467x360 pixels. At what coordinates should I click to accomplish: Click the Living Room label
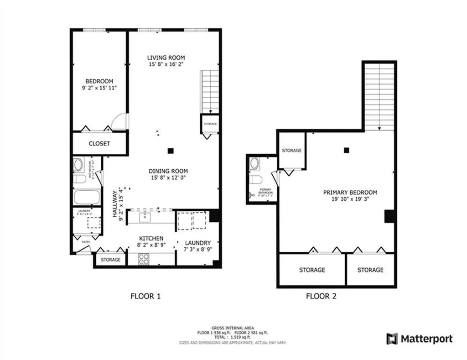(x=166, y=57)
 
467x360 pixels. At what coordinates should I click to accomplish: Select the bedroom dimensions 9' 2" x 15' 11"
(x=96, y=88)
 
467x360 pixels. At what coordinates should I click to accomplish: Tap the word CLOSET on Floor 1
(x=99, y=144)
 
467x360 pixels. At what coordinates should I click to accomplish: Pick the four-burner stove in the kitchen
(x=144, y=259)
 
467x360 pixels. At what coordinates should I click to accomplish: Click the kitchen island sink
(x=145, y=216)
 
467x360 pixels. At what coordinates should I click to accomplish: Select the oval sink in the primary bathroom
(x=254, y=163)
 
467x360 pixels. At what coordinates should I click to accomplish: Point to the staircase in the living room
(x=210, y=91)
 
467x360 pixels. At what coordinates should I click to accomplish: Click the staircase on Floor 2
(x=379, y=96)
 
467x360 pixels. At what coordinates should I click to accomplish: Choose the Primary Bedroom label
(x=350, y=193)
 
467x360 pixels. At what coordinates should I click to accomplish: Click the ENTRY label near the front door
(x=86, y=242)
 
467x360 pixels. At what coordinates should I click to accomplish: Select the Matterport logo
(x=420, y=339)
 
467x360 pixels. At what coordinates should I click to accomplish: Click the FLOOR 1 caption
(x=145, y=296)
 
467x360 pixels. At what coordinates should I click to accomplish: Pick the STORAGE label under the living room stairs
(x=210, y=124)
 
